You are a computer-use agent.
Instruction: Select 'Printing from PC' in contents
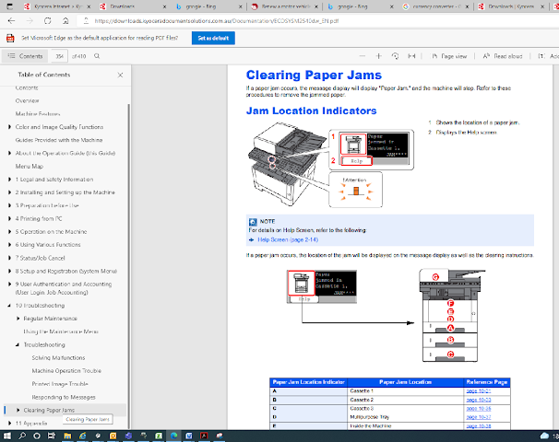tap(46, 218)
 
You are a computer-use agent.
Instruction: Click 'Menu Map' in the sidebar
tap(30, 166)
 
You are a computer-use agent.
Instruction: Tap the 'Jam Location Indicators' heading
tap(311, 110)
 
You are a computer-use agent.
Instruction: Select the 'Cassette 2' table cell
tap(362, 400)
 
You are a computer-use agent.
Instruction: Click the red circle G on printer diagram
tap(436, 276)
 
